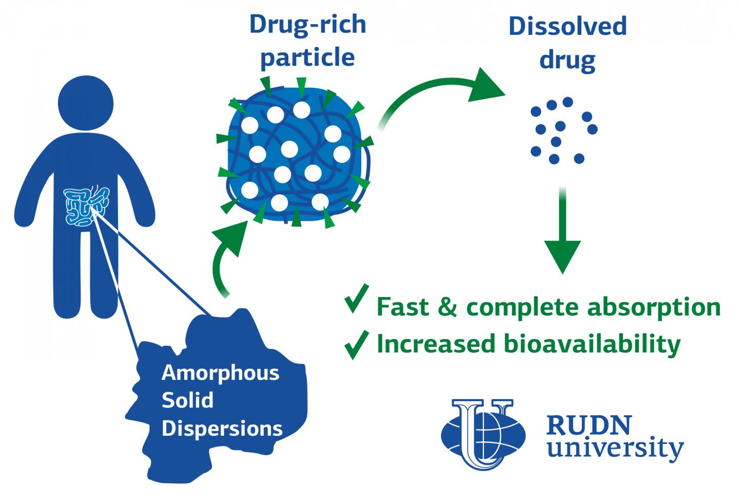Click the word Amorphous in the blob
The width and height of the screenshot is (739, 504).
coord(221,373)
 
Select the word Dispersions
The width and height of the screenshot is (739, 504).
coord(222,428)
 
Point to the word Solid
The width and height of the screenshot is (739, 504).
coord(187,401)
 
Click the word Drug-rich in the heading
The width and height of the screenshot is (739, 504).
coord(307,24)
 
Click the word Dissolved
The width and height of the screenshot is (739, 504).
coord(568,26)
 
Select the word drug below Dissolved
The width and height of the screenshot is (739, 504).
coord(568,60)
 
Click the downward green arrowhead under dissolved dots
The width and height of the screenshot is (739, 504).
coord(563,255)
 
